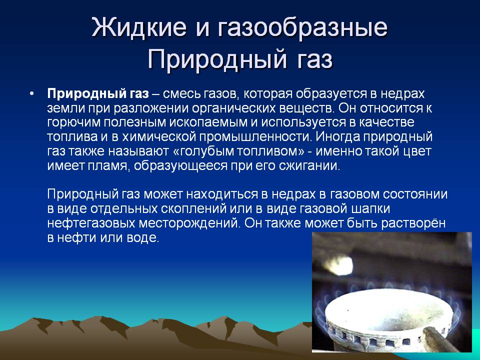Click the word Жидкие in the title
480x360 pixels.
click(139, 27)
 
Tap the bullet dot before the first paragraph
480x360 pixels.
click(31, 93)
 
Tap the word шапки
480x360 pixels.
click(370, 209)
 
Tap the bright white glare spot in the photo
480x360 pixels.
click(337, 265)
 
